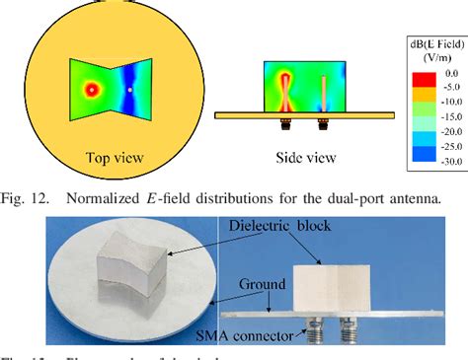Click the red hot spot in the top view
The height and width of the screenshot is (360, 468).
(91, 90)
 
